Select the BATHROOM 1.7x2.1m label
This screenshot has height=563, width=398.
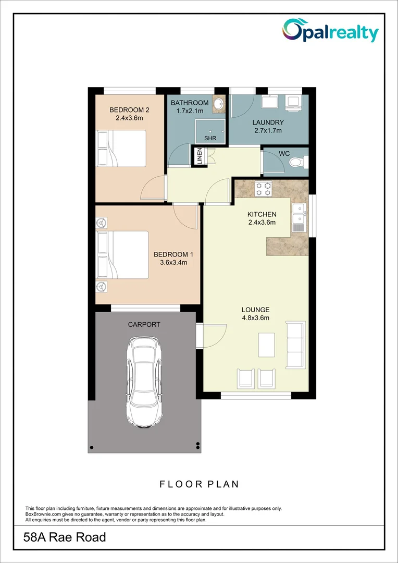190,107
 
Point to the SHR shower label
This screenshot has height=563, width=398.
210,138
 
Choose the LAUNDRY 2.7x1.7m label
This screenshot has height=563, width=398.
268,127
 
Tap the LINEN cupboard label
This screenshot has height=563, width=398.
199,157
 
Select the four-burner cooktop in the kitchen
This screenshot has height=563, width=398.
263,189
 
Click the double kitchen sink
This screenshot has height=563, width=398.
299,217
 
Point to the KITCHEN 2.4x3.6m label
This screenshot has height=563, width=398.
262,218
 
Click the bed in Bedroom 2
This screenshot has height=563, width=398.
122,149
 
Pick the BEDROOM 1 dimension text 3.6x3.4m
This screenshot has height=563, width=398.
173,262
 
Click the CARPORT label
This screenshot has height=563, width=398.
144,324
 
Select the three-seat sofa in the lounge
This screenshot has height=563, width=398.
295,345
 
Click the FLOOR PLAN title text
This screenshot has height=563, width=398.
199,484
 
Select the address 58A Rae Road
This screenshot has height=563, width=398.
66,537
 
